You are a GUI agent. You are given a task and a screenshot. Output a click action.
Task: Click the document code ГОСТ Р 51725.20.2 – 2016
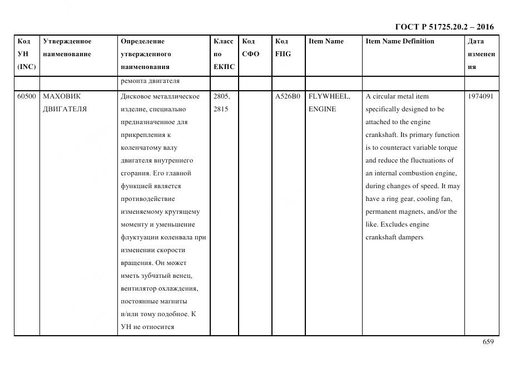[x=444, y=27]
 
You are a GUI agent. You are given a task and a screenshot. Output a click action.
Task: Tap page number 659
[x=488, y=342]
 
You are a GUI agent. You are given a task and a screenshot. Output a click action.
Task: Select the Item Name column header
[x=326, y=41]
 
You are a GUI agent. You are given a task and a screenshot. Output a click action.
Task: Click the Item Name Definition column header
[x=400, y=41]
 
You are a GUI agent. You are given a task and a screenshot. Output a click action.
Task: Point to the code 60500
[x=26, y=96]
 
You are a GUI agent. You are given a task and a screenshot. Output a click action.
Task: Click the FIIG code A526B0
[x=287, y=96]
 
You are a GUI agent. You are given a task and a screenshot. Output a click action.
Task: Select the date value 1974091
[x=481, y=96]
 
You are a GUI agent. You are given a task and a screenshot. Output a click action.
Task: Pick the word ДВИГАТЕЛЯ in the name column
[x=65, y=109]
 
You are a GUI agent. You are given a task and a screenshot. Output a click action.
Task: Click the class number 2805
[x=221, y=96]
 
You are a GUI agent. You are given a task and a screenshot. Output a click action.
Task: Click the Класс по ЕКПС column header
[x=224, y=54]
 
